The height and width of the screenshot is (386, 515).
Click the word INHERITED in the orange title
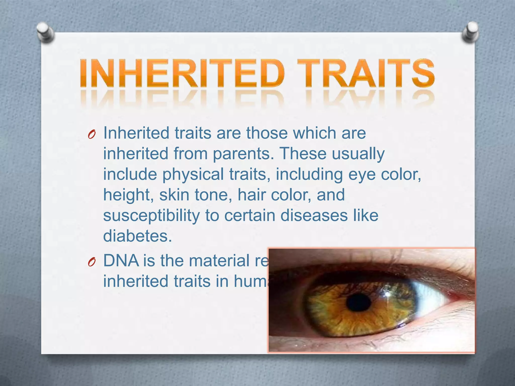coord(182,73)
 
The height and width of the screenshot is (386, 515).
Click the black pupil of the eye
coord(359,303)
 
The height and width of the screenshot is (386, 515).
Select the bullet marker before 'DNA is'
coord(92,263)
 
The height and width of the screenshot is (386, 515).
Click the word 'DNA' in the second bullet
coord(121,261)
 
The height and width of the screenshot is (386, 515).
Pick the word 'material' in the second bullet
coord(219,261)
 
